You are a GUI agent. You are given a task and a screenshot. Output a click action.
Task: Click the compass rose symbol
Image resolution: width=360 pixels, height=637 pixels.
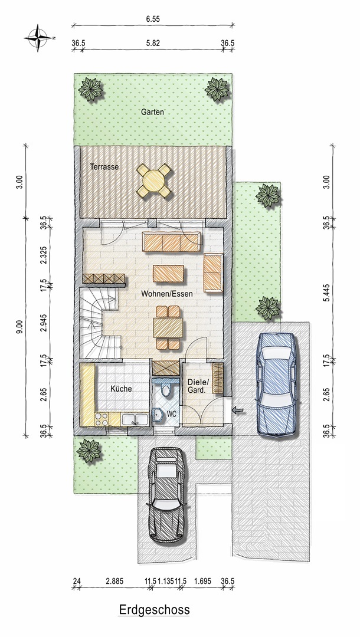tap(38, 38)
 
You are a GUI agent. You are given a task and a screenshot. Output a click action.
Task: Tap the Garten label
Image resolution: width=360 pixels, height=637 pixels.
tap(152, 111)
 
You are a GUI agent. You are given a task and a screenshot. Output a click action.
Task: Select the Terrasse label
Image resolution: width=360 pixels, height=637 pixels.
tap(104, 166)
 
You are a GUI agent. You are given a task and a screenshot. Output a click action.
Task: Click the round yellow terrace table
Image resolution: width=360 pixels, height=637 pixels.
tap(154, 180)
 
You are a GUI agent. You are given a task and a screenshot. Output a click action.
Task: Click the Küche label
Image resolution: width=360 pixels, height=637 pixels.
tap(121, 389)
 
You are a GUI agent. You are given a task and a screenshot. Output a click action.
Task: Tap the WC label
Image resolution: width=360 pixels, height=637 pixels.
tap(172, 415)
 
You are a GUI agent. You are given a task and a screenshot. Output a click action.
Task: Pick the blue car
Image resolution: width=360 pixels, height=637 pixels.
tap(276, 385)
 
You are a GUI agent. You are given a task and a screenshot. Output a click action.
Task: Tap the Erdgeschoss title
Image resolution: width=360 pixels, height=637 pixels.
tap(154, 610)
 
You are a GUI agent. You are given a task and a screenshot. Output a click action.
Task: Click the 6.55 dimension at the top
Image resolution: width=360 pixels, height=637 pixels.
tap(153, 19)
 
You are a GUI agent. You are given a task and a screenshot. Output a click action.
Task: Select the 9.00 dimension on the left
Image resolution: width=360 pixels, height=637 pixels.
tap(18, 327)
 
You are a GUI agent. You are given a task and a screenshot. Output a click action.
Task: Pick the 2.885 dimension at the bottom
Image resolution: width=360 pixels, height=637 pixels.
tap(114, 582)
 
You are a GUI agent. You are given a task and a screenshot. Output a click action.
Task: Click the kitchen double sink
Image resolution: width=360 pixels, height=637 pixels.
tap(135, 419)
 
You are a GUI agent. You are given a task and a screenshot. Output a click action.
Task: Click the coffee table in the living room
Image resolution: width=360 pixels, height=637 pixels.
tap(168, 273)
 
